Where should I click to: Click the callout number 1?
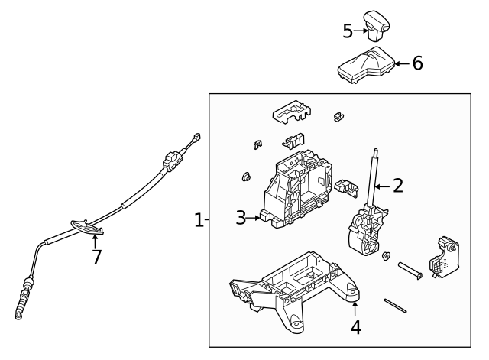pyautogui.click(x=199, y=220)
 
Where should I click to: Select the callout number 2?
pyautogui.click(x=397, y=184)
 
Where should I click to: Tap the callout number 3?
pyautogui.click(x=241, y=218)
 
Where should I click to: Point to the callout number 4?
pyautogui.click(x=355, y=328)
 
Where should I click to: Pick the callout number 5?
pyautogui.click(x=348, y=31)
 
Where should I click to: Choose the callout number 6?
pyautogui.click(x=417, y=63)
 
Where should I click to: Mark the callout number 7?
pyautogui.click(x=96, y=257)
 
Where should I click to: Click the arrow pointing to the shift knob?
pyautogui.click(x=361, y=31)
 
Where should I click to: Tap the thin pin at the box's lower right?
pyautogui.click(x=394, y=305)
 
